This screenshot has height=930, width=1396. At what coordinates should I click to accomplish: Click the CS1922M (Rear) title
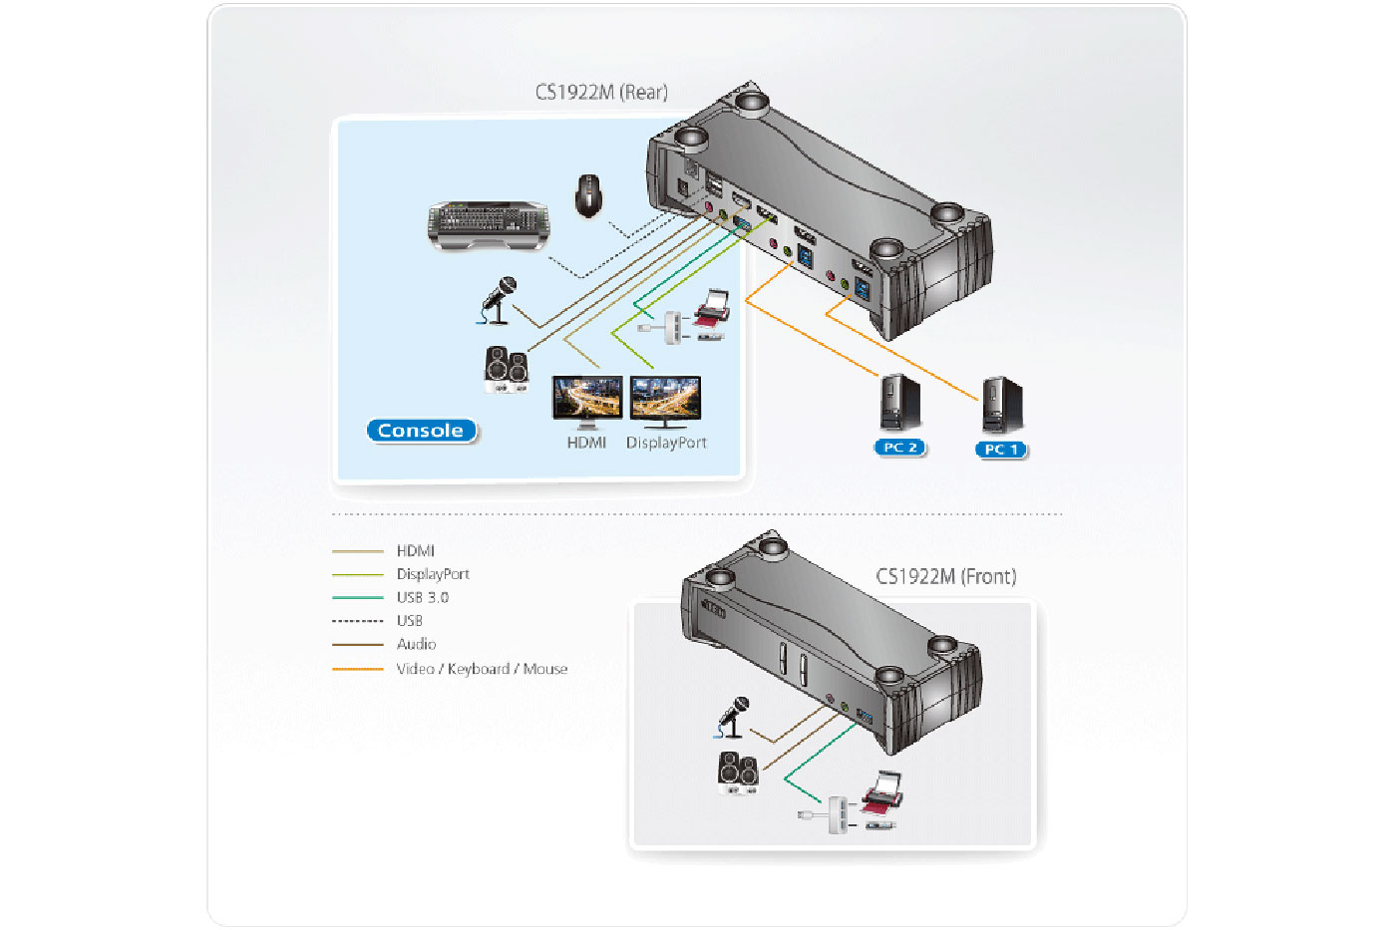pos(601,93)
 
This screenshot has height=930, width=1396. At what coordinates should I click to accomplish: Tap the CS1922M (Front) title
pos(945,576)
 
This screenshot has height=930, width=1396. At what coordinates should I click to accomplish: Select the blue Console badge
pos(421,431)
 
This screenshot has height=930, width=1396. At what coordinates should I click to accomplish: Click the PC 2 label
pos(899,448)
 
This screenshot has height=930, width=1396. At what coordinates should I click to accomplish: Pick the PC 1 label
pos(1000,450)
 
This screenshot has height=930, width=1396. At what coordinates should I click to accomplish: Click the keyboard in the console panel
pos(488,224)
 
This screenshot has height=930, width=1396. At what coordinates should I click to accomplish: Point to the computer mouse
pos(588,194)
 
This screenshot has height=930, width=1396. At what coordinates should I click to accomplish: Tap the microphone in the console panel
pos(499,300)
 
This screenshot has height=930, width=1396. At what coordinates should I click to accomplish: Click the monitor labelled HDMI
pos(586,400)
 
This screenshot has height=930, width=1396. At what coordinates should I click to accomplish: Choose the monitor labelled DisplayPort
pos(665,400)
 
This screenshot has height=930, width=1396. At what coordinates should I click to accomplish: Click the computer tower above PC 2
pos(899,403)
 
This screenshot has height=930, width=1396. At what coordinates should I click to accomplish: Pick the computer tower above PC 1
pos(1001,405)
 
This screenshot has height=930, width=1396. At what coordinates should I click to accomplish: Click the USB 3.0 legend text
pos(422,597)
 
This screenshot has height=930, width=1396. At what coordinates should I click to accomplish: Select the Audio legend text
pos(416,644)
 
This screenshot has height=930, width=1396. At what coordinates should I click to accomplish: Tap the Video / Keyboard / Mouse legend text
pos(482,669)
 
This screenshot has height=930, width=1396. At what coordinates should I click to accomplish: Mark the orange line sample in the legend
pos(357,669)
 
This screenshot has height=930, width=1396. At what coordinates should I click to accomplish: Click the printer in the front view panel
pos(881,792)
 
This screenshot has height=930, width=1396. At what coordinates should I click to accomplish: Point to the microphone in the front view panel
pos(734,717)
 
